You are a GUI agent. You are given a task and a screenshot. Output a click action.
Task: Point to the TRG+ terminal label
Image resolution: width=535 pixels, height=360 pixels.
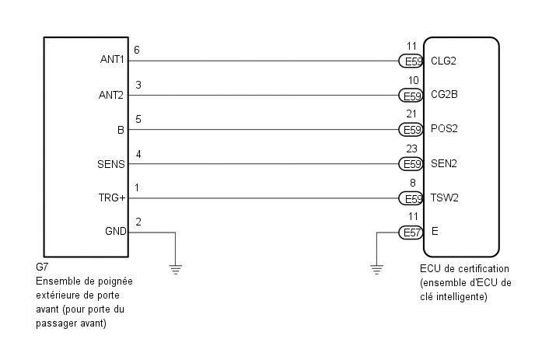(x=114, y=197)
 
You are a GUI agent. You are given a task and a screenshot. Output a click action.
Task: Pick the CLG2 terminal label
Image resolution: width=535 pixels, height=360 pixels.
(x=443, y=61)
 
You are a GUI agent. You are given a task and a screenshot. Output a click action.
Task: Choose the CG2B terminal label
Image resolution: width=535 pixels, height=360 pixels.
(x=443, y=96)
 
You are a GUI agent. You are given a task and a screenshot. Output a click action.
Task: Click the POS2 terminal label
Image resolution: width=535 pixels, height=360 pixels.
(x=444, y=129)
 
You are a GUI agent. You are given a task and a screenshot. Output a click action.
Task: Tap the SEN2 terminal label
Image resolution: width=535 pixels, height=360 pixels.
(x=443, y=163)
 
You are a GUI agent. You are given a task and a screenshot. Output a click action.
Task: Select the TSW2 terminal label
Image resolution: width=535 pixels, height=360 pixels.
(x=444, y=197)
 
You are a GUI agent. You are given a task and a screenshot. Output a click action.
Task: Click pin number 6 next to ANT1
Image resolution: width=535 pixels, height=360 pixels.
(x=138, y=50)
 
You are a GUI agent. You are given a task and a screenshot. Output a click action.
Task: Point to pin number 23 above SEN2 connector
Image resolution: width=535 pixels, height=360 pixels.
(x=411, y=149)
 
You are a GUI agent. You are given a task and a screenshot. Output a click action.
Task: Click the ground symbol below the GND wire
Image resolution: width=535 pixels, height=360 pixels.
(x=176, y=270)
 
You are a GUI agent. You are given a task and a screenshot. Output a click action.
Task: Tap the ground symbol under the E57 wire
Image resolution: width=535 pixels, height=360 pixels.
(x=376, y=270)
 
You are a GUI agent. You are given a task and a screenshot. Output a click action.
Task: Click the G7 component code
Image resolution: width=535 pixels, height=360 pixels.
(x=42, y=267)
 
